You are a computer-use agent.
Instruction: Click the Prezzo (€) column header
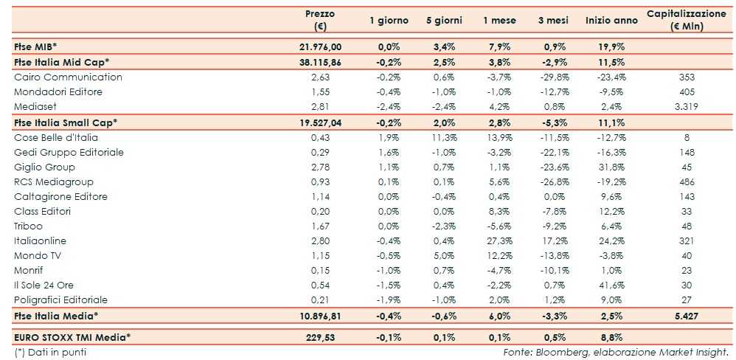point(320,20)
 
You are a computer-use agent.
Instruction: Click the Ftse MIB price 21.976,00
point(320,46)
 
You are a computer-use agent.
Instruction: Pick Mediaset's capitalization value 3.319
point(687,107)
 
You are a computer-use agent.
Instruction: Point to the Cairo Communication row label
point(68,77)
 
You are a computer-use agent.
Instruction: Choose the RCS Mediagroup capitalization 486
point(687,181)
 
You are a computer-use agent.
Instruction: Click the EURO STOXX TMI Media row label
point(72,338)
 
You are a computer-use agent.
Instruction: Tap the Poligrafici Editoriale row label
point(61,300)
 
